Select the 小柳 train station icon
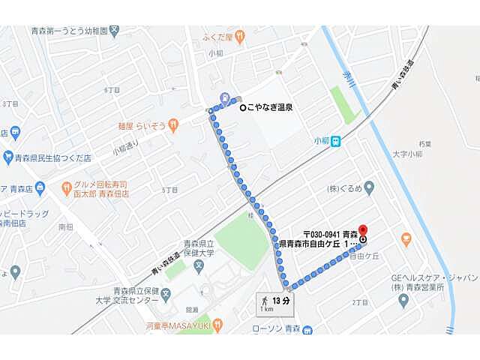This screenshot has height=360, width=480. [337, 139]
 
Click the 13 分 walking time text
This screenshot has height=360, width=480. [281, 301]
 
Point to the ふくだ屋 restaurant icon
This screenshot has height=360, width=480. [239, 34]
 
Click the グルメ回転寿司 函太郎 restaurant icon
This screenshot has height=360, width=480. [67, 184]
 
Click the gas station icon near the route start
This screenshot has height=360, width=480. [226, 97]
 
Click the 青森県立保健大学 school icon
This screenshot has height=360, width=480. [198, 264]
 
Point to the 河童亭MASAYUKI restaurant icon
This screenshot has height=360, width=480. [218, 325]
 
